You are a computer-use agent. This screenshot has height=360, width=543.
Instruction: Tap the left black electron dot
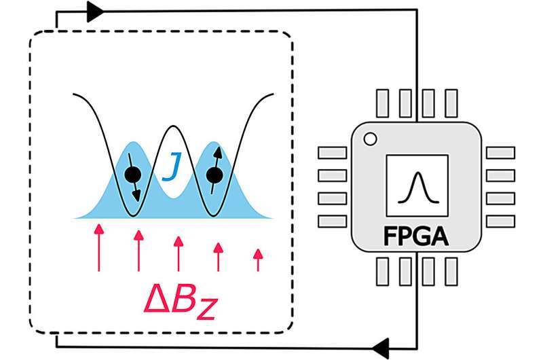[134, 175]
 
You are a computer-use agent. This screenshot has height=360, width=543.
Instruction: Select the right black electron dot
[214, 176]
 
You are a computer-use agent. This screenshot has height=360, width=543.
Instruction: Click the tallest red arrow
[99, 247]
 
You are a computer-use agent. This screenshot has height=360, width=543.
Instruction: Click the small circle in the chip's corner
[370, 140]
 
